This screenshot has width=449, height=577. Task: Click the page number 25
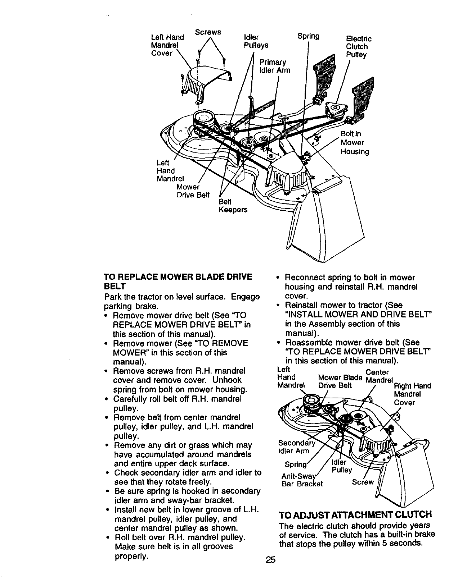click(x=271, y=560)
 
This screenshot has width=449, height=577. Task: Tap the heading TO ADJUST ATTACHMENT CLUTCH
click(x=355, y=515)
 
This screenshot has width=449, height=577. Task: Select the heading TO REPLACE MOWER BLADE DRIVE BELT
click(x=178, y=282)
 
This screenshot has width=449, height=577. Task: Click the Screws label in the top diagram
click(x=208, y=32)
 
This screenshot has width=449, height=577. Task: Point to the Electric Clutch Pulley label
click(x=359, y=47)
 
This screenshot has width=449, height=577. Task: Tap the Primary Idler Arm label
click(x=275, y=66)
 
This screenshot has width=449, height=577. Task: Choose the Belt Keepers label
click(x=233, y=206)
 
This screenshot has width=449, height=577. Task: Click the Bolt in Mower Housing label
click(x=355, y=143)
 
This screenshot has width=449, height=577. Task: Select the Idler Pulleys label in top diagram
click(x=256, y=41)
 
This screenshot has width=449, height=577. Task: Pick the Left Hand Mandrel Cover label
click(x=167, y=45)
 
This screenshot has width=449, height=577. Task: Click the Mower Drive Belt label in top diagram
click(x=193, y=191)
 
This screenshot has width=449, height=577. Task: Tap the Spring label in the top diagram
click(x=308, y=36)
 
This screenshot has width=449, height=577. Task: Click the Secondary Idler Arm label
click(x=296, y=447)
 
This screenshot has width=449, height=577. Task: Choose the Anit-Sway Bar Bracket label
click(x=302, y=480)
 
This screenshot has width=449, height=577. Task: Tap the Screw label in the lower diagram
click(x=363, y=482)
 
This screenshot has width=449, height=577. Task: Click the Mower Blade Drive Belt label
click(x=340, y=381)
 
